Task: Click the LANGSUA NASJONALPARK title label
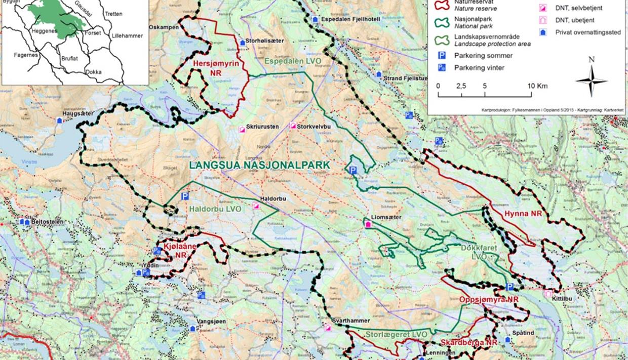[x=259, y=165]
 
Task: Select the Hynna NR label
[x=523, y=214]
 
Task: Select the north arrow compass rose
[x=591, y=81]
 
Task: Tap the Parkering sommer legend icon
[x=441, y=56]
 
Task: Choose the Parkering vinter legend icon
[x=441, y=67]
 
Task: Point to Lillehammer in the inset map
[x=127, y=36]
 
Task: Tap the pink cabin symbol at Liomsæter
[x=368, y=225]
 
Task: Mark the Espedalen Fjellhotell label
[x=347, y=19]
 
